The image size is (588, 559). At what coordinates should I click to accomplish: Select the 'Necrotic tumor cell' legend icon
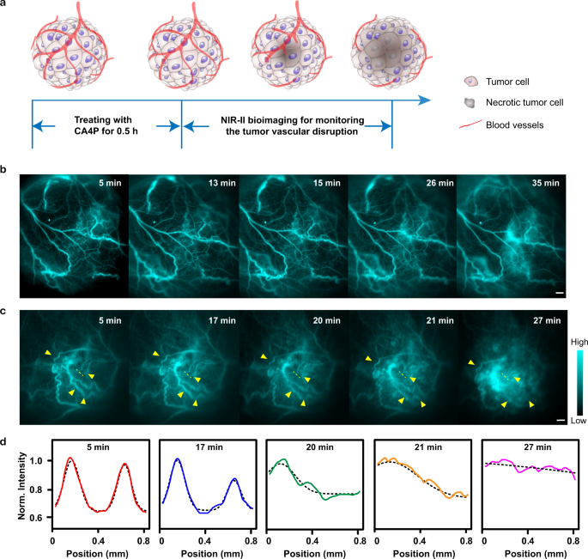point(469,101)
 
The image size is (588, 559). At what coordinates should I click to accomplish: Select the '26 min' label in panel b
point(431,183)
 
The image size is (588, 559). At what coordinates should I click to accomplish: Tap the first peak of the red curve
point(70,459)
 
